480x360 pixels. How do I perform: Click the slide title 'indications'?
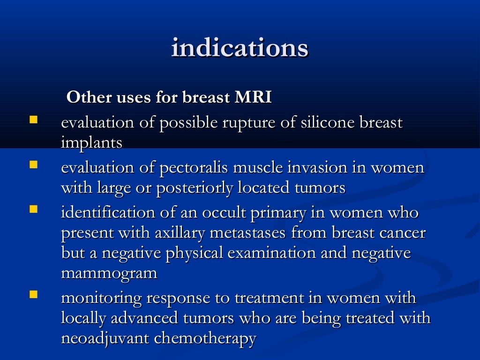pos(240,48)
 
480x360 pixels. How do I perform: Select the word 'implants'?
pos(91,143)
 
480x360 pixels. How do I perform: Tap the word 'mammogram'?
pos(109,273)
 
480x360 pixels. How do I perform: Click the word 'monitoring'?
pos(102,299)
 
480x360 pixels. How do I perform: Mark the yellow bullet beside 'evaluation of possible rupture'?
pos(33,120)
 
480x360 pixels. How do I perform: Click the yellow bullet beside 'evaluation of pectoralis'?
pos(33,165)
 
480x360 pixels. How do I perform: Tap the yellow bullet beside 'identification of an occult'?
pos(33,210)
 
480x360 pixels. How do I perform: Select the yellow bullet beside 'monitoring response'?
pos(33,295)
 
